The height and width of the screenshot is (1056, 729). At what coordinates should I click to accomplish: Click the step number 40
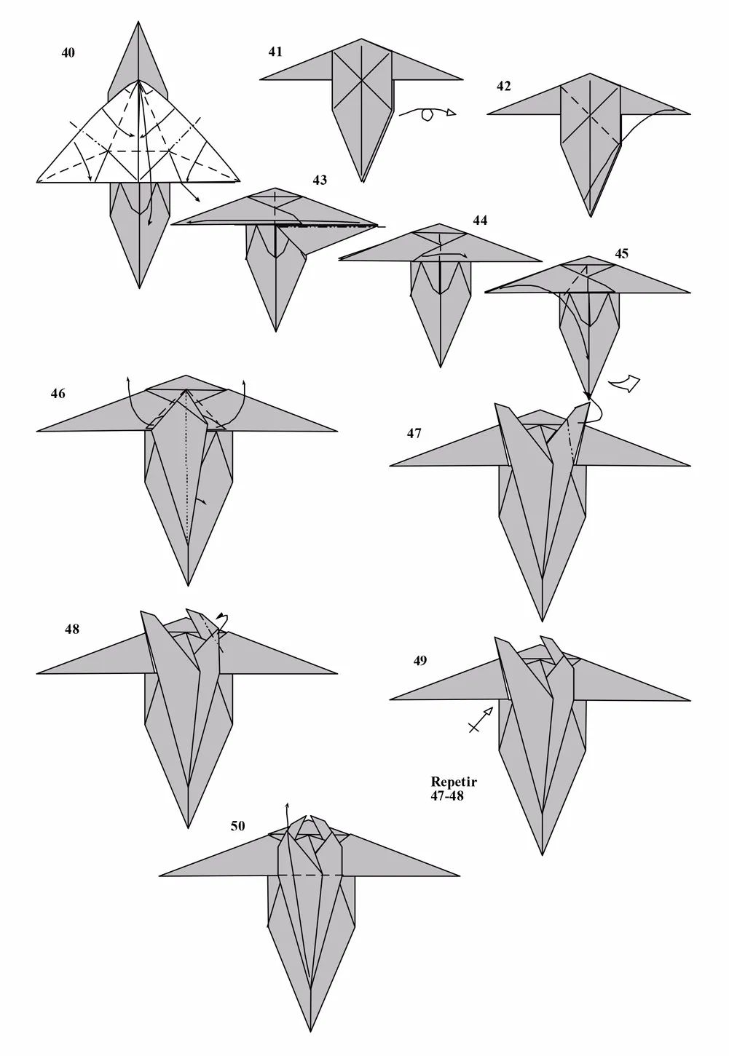pyautogui.click(x=68, y=53)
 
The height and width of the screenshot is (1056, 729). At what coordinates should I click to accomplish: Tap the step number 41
pyautogui.click(x=275, y=52)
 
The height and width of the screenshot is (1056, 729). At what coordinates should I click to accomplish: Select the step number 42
pyautogui.click(x=503, y=87)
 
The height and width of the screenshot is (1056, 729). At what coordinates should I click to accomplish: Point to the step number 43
pyautogui.click(x=320, y=180)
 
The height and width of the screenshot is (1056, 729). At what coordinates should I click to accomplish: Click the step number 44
pyautogui.click(x=480, y=221)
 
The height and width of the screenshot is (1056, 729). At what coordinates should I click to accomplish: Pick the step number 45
pyautogui.click(x=621, y=253)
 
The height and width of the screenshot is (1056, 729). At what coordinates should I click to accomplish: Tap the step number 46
pyautogui.click(x=58, y=393)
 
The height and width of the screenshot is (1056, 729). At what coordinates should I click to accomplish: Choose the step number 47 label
pyautogui.click(x=414, y=433)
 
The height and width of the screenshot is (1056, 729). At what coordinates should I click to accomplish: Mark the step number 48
pyautogui.click(x=72, y=629)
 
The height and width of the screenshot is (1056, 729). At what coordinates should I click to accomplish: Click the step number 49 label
pyautogui.click(x=420, y=661)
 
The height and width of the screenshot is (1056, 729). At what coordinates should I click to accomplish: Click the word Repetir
pyautogui.click(x=454, y=782)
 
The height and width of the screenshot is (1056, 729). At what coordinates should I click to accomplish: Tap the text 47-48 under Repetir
pyautogui.click(x=447, y=795)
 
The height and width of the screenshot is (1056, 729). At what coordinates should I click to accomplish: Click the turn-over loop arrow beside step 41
pyautogui.click(x=427, y=114)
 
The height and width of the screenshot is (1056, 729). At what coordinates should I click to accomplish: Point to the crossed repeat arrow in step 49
pyautogui.click(x=481, y=720)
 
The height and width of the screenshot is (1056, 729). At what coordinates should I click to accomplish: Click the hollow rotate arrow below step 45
pyautogui.click(x=624, y=384)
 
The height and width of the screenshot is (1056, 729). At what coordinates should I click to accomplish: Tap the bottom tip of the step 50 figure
pyautogui.click(x=310, y=1004)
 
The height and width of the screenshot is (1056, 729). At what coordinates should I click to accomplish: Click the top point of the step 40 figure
pyautogui.click(x=138, y=22)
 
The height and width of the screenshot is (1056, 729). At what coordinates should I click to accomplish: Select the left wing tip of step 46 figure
pyautogui.click(x=38, y=431)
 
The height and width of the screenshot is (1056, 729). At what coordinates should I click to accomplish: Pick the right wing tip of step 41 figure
pyautogui.click(x=462, y=79)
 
